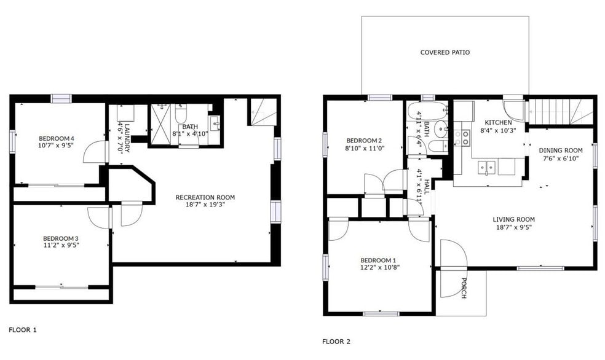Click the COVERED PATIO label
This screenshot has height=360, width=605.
click(445, 52)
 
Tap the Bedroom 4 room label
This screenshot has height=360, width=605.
click(56, 138)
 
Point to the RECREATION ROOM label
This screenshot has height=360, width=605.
click(205, 197)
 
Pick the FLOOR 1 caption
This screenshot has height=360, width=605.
click(23, 330)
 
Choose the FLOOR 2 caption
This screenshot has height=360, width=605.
click(336, 342)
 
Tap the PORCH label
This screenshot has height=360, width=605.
click(462, 288)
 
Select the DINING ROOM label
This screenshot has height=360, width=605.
click(560, 151)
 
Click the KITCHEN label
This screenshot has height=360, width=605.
click(498, 123)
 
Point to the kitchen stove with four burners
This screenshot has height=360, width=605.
click(466, 138)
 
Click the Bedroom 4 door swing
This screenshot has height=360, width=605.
click(94, 152)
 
